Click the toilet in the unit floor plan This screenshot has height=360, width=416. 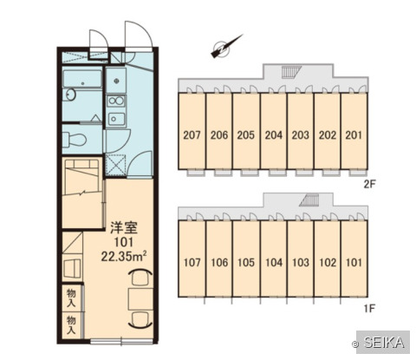[75, 140]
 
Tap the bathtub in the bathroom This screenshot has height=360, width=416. [82, 79]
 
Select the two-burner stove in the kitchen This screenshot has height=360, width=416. [116, 101]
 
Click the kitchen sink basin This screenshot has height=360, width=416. [116, 119]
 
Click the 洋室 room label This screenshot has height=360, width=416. [124, 227]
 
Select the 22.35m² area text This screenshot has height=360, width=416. [124, 256]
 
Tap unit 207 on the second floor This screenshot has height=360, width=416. [192, 135]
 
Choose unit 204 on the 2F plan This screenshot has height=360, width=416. [274, 135]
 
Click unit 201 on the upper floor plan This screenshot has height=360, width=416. [354, 135]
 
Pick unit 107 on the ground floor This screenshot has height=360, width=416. [192, 263]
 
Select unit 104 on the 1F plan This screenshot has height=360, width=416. [274, 263]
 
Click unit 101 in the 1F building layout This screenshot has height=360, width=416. [354, 263]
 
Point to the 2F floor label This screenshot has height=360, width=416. [369, 184]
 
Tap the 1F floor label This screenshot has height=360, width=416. [369, 309]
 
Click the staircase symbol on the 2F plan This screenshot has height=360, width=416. [291, 72]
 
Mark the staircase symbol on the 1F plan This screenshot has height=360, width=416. [309, 200]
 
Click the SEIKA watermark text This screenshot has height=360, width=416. [384, 343]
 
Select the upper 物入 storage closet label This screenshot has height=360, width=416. [71, 298]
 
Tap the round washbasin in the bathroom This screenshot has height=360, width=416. [70, 95]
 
